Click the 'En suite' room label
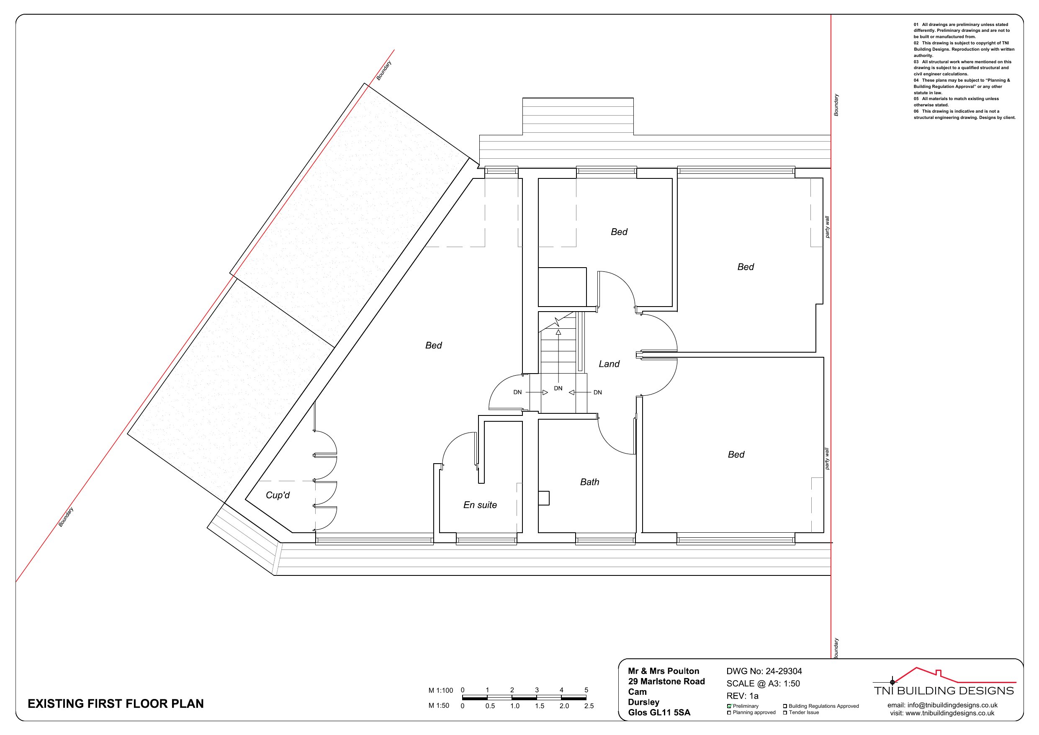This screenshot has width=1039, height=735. tap(480, 505)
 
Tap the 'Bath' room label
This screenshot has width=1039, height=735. tap(590, 482)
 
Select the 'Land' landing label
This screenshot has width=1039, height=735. tap(609, 364)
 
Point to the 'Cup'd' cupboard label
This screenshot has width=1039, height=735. tap(278, 495)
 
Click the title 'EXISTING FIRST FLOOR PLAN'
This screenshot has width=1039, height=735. tap(116, 703)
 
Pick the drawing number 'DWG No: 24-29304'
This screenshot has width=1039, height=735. tap(764, 671)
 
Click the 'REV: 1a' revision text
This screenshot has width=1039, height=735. tap(743, 696)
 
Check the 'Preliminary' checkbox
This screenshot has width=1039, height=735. tap(729, 706)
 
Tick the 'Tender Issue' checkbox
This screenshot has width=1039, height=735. tap(785, 713)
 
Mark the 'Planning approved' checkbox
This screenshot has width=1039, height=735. tap(729, 713)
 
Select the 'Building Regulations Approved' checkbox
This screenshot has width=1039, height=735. tap(785, 706)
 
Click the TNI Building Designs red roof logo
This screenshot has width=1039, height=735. tap(944, 675)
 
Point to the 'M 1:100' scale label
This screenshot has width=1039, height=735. tap(440, 691)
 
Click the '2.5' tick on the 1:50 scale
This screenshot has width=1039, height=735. tap(589, 706)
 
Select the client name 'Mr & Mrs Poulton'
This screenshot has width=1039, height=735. tap(664, 671)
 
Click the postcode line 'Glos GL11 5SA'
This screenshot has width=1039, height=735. tap(659, 712)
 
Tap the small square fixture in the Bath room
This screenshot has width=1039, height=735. tap(543, 498)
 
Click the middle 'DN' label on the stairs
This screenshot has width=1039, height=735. tap(558, 388)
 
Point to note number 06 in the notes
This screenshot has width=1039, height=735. tap(916, 111)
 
